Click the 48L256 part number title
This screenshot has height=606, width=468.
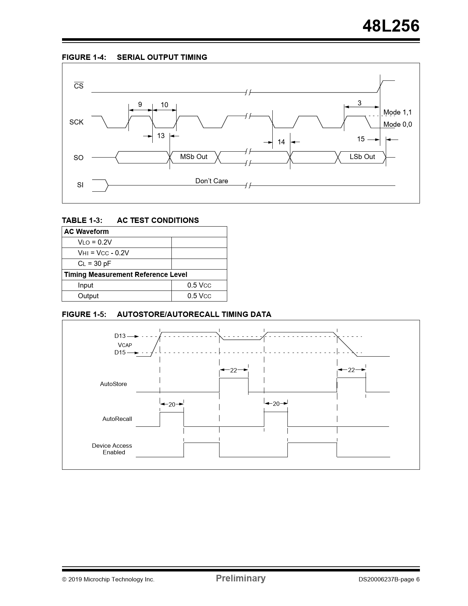coord(391,26)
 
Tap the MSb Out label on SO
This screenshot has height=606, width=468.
coord(193,157)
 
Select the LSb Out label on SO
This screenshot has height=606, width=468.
coord(362,157)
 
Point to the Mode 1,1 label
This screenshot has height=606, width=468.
coord(397,112)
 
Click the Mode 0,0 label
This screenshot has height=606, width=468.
coord(398,125)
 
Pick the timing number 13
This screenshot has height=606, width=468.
coord(161,136)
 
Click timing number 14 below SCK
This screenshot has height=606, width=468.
coord(281,142)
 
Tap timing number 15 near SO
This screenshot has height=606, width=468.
coord(361,139)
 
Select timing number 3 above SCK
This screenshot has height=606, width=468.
coord(359,103)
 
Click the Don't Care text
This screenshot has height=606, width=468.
coord(211,181)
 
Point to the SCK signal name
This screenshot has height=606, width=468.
coord(76,122)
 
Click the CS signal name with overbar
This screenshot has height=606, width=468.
coord(79,86)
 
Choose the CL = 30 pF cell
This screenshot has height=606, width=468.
coord(94,264)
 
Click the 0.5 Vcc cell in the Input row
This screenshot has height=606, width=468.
coord(199,285)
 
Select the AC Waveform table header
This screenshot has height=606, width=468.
coord(87,232)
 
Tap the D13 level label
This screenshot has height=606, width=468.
coord(120,336)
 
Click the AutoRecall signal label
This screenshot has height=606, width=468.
coord(117,419)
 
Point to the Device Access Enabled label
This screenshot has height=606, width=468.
coord(112,449)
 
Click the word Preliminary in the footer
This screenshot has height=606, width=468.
coord(240,578)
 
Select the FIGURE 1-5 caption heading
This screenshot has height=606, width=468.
coord(166,314)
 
